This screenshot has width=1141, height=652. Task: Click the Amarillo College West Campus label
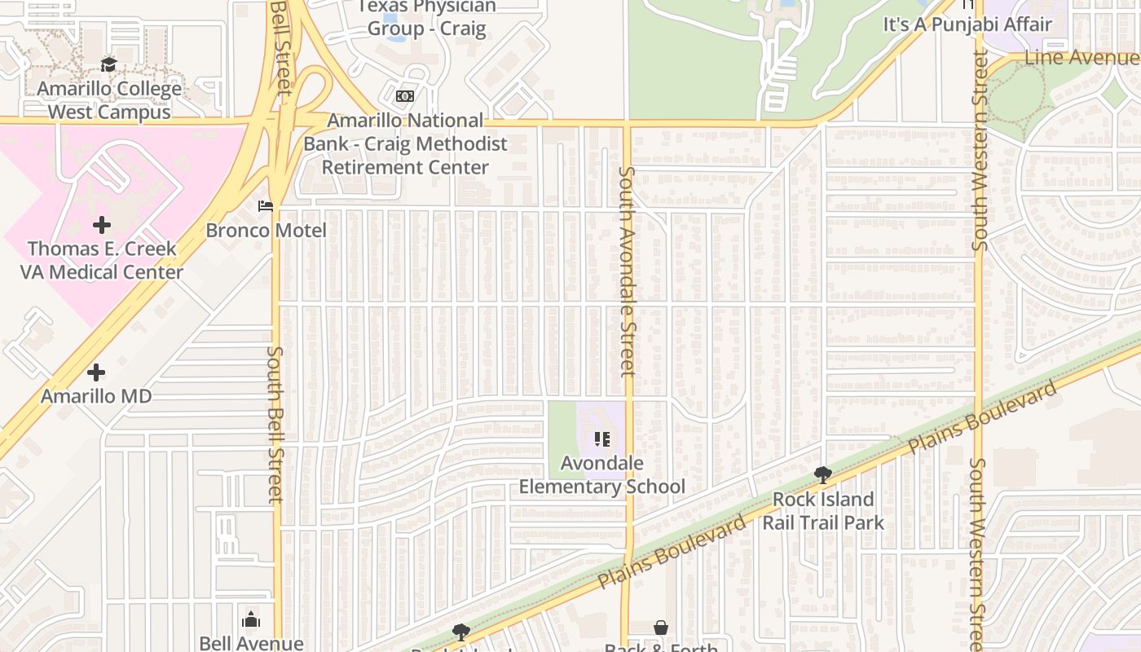(109, 100)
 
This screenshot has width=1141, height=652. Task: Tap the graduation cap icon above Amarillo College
(109, 65)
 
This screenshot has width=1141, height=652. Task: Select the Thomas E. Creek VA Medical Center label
(102, 260)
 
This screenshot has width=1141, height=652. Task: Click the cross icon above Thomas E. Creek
(102, 224)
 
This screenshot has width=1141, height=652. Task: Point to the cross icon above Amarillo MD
(96, 372)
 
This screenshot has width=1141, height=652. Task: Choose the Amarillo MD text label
(96, 397)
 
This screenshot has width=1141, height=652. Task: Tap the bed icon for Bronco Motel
(266, 206)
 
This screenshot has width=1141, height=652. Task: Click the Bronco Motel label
(266, 231)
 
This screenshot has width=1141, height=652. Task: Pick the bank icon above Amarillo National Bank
(405, 96)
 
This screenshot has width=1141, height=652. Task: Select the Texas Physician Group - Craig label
(426, 18)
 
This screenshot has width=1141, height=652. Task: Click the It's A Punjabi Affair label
(968, 24)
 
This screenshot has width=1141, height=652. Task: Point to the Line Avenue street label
(1081, 58)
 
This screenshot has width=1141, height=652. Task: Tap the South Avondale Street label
(627, 271)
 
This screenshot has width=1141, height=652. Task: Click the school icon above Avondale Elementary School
(602, 440)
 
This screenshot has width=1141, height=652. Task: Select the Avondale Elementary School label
(602, 475)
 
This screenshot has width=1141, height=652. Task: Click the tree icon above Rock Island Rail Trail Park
(823, 474)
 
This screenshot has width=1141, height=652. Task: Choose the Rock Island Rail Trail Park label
(823, 510)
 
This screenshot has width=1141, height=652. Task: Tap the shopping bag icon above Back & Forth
(661, 628)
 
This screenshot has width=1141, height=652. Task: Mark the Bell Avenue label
(251, 643)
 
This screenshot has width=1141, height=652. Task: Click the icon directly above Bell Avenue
(251, 620)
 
